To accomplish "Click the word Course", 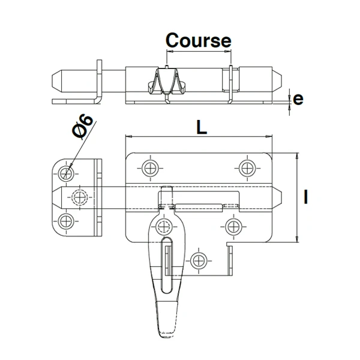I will pos(198,40).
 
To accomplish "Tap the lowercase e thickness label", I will pos(298,100).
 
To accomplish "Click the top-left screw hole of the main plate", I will pos(149,167).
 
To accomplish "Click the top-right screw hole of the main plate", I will pos(247,167).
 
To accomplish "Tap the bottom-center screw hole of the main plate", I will pos(198,259).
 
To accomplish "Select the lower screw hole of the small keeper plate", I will pos(67,219).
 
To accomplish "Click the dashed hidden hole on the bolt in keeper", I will pos(79,196).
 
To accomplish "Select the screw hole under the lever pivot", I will pos(162,226).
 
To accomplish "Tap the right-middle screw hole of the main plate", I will pos(233,226).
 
